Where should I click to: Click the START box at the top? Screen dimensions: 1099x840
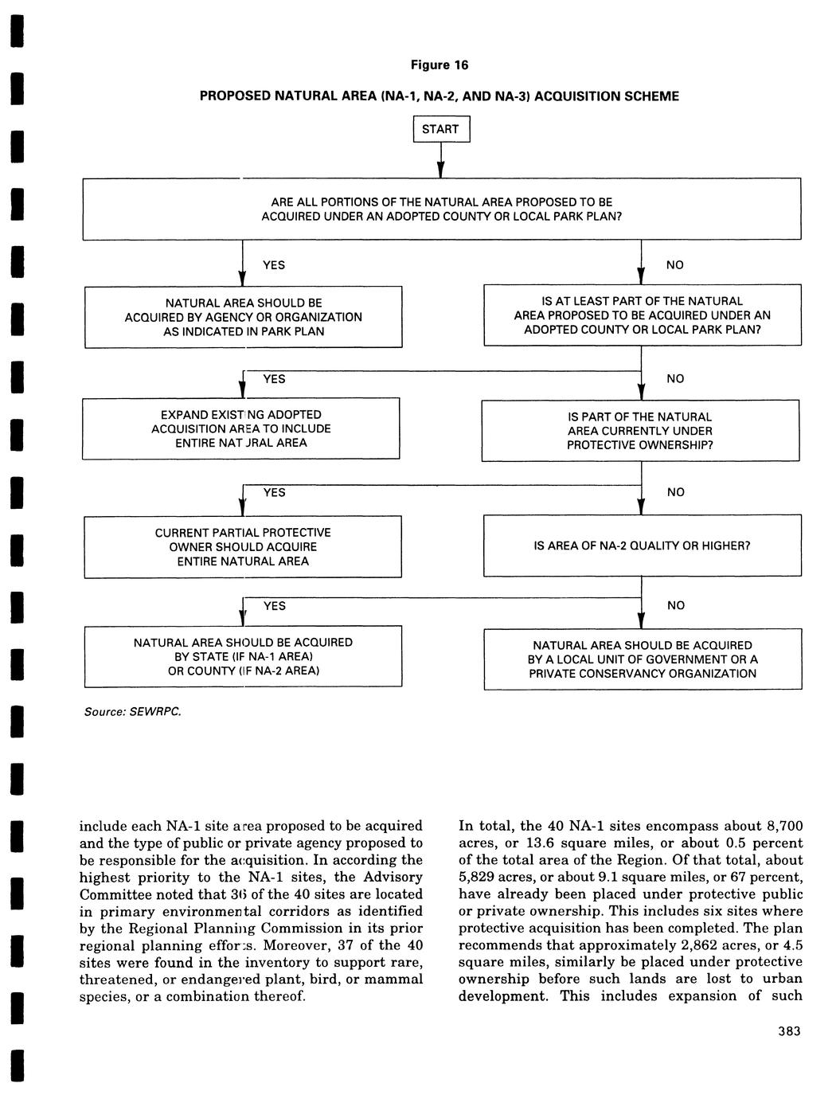(x=441, y=129)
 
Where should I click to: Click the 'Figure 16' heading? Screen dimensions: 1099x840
(x=440, y=65)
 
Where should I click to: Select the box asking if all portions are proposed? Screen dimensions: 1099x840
(x=441, y=209)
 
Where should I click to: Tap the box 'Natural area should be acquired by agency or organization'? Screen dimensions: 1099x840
(x=243, y=317)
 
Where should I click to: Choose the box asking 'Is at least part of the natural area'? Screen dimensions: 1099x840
(x=642, y=315)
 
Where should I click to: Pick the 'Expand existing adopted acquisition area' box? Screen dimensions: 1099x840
(x=240, y=429)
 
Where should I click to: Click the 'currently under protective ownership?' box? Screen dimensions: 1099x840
(x=639, y=431)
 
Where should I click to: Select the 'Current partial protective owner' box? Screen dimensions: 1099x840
(x=243, y=546)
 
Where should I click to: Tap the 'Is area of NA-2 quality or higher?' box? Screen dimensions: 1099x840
(x=642, y=546)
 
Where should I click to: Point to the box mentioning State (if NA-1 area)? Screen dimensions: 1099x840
(x=243, y=657)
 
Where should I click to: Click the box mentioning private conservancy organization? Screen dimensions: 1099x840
(x=642, y=659)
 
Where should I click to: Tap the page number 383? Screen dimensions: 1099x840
(x=789, y=1031)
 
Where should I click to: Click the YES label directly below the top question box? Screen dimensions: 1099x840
(x=273, y=264)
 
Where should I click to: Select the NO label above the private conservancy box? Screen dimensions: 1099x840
(x=675, y=605)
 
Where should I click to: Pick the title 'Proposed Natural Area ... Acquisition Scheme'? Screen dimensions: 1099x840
(x=440, y=96)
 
